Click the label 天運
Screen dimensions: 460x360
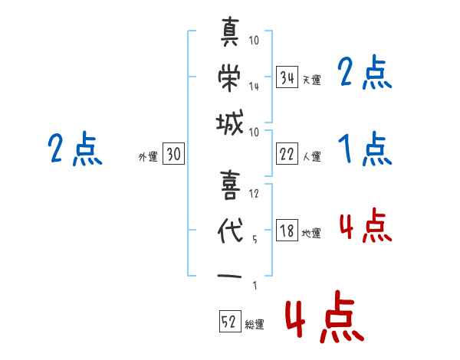(x=311, y=80)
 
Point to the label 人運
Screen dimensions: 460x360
(x=311, y=156)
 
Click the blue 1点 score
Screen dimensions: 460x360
(x=364, y=149)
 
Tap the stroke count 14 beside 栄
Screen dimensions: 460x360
(x=254, y=86)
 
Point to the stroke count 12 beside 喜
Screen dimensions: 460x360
(x=254, y=193)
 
